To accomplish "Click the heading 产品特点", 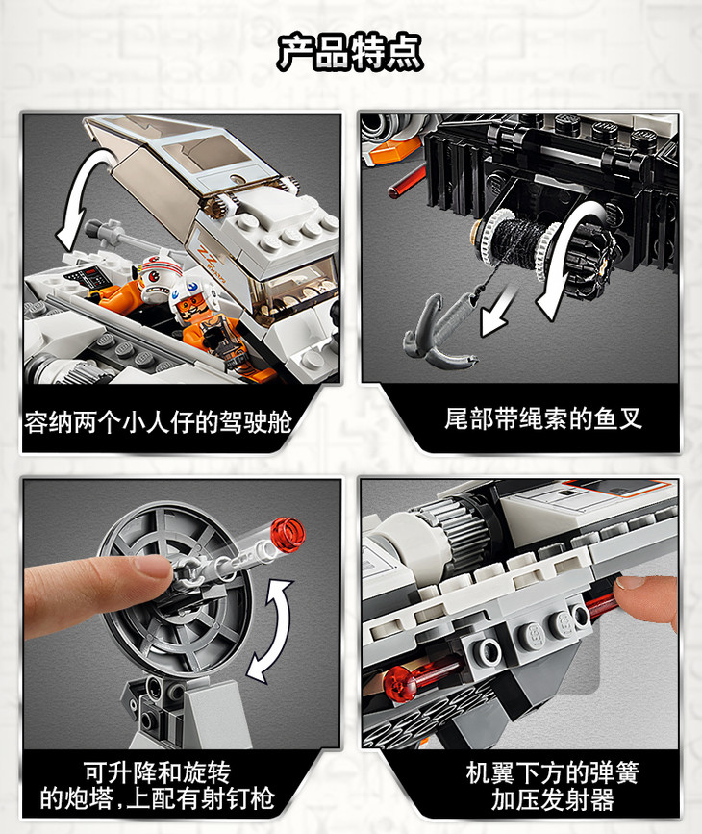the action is (x=350, y=52).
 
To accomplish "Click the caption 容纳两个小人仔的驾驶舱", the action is (x=158, y=422).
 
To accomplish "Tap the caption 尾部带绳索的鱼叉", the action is (x=543, y=418).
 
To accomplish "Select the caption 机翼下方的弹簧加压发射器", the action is (x=553, y=786).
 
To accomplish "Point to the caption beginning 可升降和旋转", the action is (x=157, y=786).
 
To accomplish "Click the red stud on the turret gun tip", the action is (x=288, y=535).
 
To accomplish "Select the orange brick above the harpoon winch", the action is (x=394, y=149).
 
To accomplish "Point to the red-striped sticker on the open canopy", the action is (x=209, y=257).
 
